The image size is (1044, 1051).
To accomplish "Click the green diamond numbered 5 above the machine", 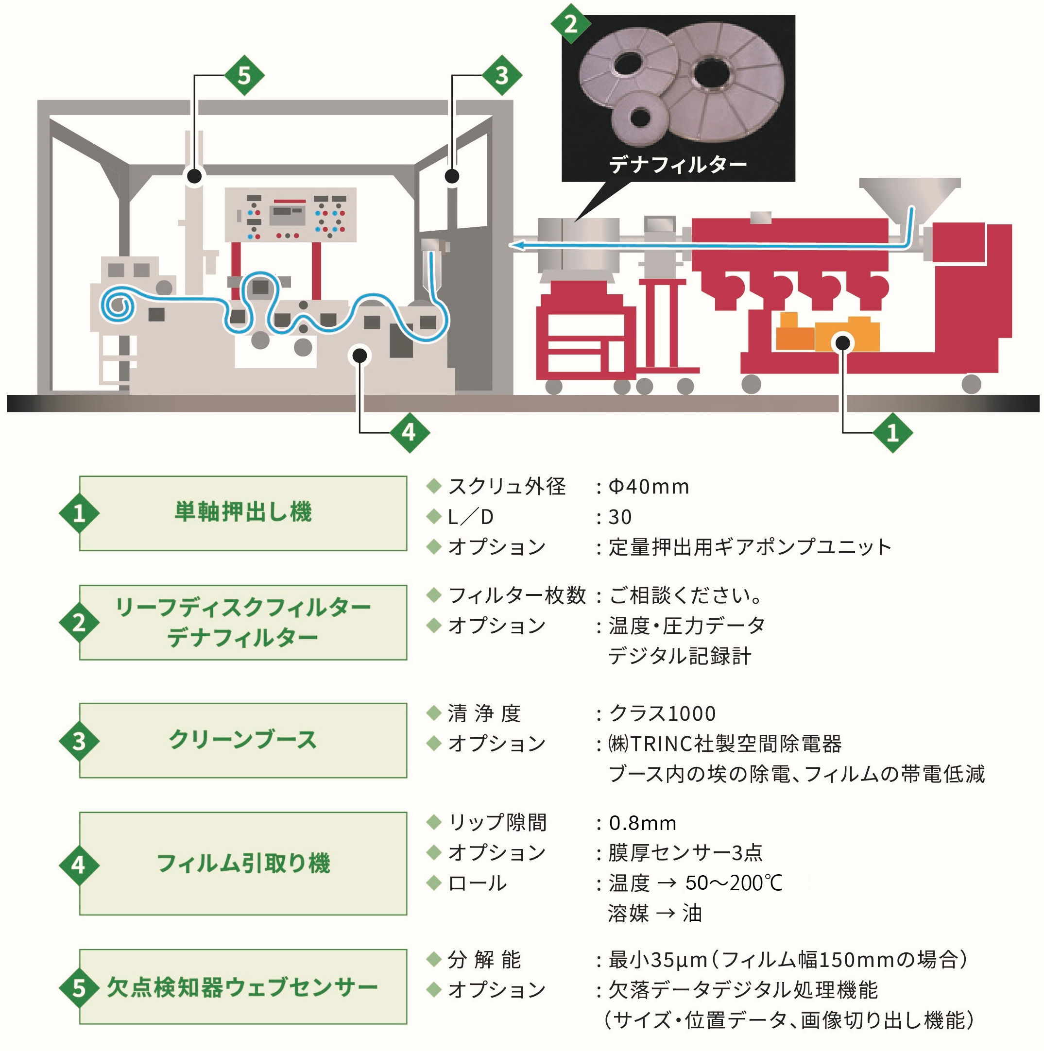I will pyautogui.click(x=244, y=75).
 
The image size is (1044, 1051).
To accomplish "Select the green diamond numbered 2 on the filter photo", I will pyautogui.click(x=570, y=24).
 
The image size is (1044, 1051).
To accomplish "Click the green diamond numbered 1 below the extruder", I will pyautogui.click(x=892, y=432).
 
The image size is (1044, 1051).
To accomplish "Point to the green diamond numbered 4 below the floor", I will pyautogui.click(x=409, y=432).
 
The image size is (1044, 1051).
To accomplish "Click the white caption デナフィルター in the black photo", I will pyautogui.click(x=677, y=164).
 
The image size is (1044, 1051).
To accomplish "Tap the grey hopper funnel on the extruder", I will pyautogui.click(x=909, y=196).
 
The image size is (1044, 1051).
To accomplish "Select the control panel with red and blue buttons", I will pyautogui.click(x=291, y=214).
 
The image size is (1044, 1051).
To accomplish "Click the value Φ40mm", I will pyautogui.click(x=649, y=486).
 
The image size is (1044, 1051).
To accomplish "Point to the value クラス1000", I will pyautogui.click(x=662, y=712).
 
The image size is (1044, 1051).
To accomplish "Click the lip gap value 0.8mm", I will pyautogui.click(x=643, y=823).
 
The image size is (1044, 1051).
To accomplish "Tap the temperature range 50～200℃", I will pyautogui.click(x=734, y=883).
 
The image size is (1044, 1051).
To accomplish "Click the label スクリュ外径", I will pyautogui.click(x=507, y=486).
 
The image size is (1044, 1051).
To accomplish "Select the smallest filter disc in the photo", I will pyautogui.click(x=640, y=117).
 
